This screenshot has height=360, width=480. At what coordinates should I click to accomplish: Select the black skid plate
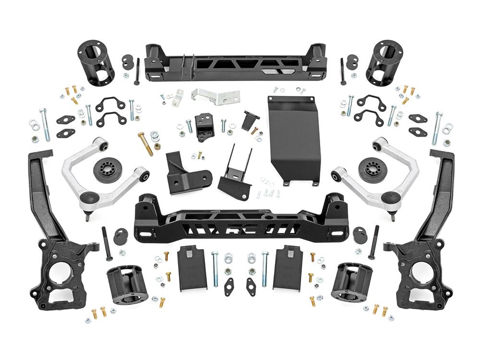coord(294,139)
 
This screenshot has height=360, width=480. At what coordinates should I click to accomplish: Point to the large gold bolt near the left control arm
coord(145,144)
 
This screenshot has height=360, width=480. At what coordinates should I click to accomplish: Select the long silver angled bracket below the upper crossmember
coord(215,96)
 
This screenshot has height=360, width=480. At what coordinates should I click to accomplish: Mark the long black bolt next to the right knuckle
coord(373,242)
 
